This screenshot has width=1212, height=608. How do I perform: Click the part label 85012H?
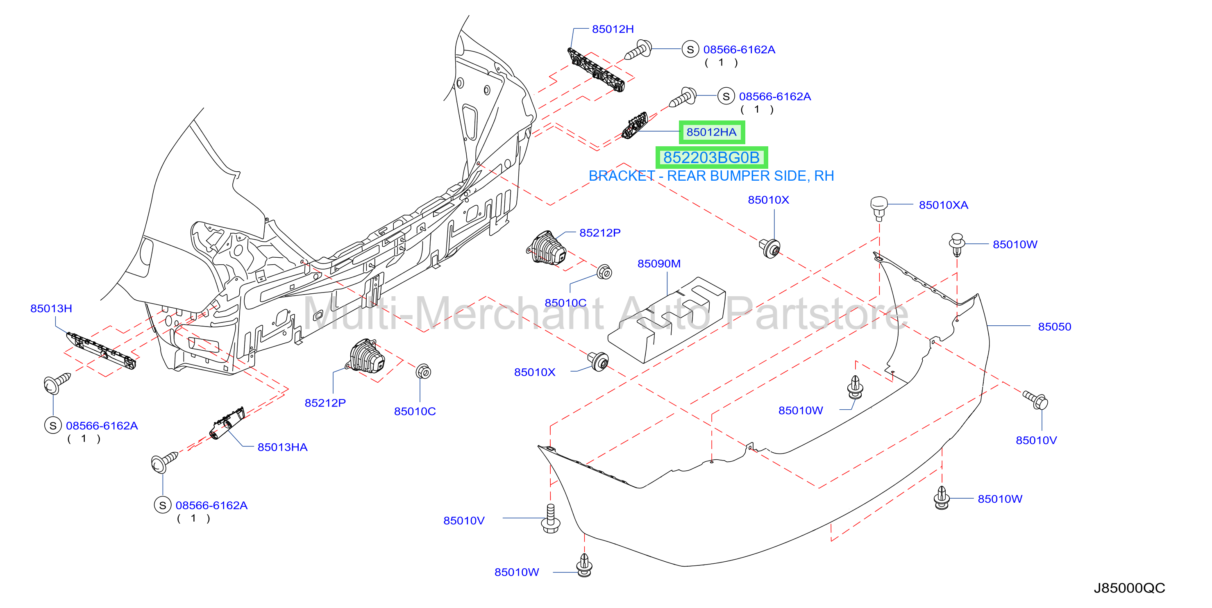613,29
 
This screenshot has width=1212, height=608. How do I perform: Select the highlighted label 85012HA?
711,132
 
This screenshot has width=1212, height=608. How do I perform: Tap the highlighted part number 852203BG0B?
711,158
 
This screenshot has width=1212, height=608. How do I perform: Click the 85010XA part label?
943,205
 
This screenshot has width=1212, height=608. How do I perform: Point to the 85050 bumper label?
1054,327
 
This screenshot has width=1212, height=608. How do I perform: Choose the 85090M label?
659,263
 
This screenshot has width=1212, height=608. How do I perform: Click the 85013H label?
51,309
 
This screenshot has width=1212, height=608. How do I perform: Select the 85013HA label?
282,447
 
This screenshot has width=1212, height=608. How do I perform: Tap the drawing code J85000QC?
1129,588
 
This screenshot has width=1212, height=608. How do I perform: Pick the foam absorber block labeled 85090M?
667,320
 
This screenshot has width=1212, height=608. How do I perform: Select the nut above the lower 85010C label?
423,372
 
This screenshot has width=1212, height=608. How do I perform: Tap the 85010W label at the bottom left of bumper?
517,572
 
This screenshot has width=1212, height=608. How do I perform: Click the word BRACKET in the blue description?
622,176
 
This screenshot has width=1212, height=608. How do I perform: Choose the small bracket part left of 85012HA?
635,126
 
